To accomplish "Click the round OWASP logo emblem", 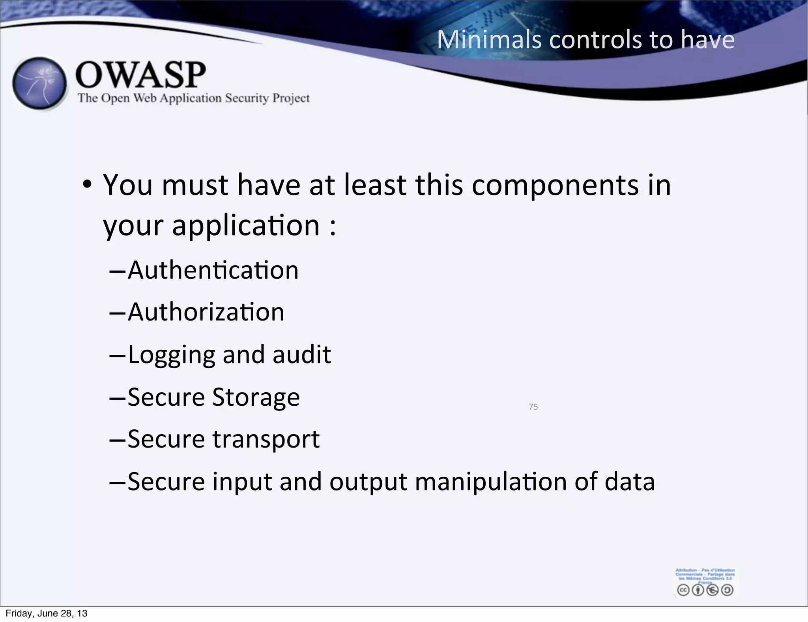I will pos(39,83).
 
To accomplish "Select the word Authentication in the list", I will pos(213,270).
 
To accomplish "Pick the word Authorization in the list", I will pos(206,312).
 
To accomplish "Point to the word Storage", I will pos(256,397).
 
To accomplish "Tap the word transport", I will pos(266,439).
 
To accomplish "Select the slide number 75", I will pos(533,407).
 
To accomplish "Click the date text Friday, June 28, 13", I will pos(47,613).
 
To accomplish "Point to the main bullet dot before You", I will pos(87,184).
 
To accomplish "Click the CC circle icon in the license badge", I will pos(683,590).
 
